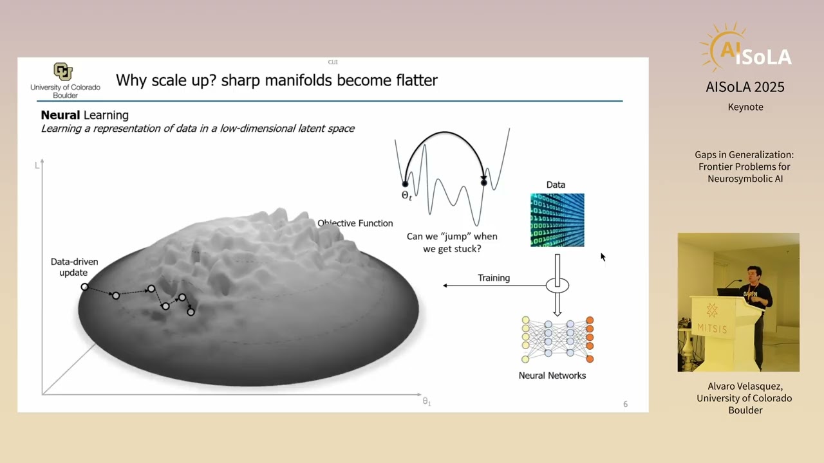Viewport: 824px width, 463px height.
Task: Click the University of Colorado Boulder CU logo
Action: [x=63, y=71]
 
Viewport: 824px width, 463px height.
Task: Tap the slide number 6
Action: [x=625, y=404]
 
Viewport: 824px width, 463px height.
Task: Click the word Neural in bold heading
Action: [x=61, y=115]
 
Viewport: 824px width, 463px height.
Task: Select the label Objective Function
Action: [x=355, y=223]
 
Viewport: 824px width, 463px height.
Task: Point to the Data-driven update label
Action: [x=75, y=267]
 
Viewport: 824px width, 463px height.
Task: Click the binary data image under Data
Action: [x=557, y=220]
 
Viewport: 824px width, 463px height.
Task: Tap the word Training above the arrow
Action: [x=494, y=278]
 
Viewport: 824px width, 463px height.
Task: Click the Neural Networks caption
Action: [x=552, y=376]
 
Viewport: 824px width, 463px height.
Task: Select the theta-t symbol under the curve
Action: [x=407, y=195]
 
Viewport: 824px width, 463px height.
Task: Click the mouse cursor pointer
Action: [x=603, y=257]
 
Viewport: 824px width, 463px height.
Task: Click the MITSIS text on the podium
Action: [x=712, y=329]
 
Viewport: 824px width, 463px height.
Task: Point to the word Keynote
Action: [x=745, y=107]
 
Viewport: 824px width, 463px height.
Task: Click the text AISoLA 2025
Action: [x=745, y=87]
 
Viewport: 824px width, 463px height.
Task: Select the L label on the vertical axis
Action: [x=37, y=165]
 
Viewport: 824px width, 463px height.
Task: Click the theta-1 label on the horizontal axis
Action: [x=426, y=401]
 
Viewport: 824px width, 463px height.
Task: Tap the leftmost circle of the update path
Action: [x=84, y=287]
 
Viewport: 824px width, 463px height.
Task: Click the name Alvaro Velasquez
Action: [x=744, y=386]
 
